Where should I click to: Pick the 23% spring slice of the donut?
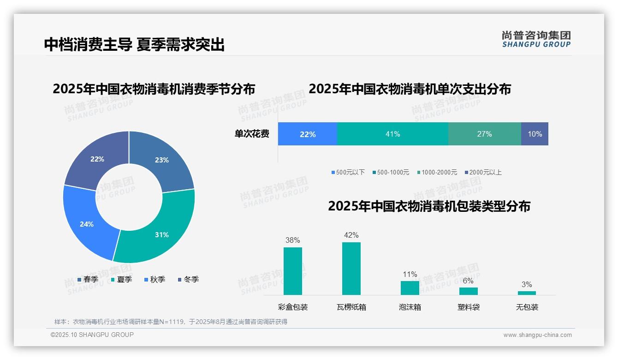[161, 159]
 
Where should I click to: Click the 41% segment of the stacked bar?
[392, 134]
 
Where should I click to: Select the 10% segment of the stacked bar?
[535, 134]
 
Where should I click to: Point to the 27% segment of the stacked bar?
[484, 134]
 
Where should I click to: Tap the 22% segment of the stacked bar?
[308, 134]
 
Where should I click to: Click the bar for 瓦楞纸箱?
[351, 269]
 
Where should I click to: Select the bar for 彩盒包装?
[293, 271]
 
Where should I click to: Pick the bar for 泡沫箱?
[410, 288]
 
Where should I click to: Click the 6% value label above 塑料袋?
[468, 281]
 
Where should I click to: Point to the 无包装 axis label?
[527, 307]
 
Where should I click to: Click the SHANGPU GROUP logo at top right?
[536, 39]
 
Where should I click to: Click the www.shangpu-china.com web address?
[537, 335]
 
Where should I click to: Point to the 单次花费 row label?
[252, 134]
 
